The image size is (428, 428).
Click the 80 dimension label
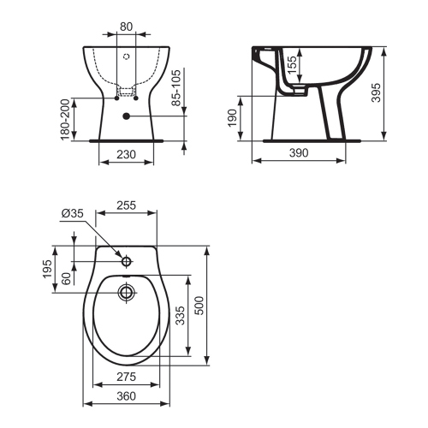[126, 26]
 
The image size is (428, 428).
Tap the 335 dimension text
[180, 316]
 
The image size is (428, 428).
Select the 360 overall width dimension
[126, 396]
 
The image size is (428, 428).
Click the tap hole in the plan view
[126, 260]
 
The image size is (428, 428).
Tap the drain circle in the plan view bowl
[126, 292]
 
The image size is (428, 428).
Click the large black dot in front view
[126, 116]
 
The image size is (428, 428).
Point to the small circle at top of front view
[126, 58]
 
